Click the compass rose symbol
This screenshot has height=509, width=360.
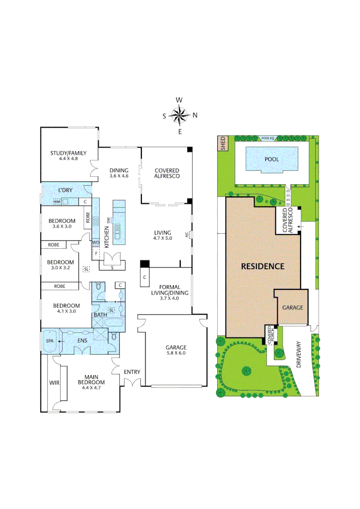(x=180, y=115)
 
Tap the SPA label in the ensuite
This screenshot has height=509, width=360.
(x=49, y=340)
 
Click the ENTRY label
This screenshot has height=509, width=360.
(x=132, y=372)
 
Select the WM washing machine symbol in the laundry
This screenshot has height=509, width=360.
(x=57, y=202)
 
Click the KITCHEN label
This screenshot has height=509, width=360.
(x=106, y=237)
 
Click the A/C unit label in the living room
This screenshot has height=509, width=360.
(x=188, y=234)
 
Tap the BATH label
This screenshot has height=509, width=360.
(x=100, y=315)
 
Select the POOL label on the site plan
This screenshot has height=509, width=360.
(x=271, y=159)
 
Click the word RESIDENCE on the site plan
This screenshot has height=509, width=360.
(x=262, y=266)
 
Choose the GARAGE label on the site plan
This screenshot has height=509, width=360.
(x=292, y=307)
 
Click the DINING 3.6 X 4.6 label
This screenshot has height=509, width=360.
(x=119, y=173)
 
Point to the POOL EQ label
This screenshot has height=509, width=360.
(x=268, y=139)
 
